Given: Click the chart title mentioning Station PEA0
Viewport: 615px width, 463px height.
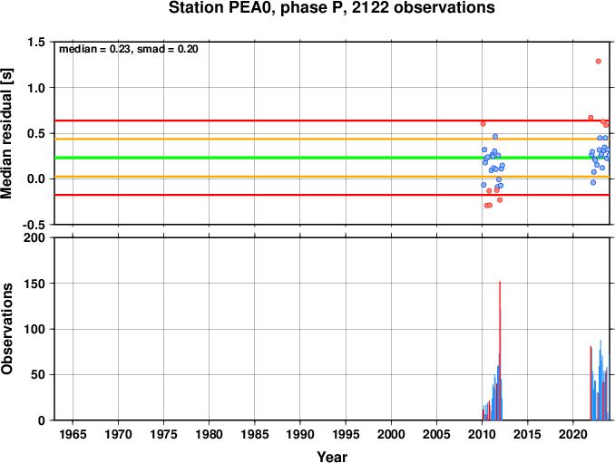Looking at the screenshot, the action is pos(331,8).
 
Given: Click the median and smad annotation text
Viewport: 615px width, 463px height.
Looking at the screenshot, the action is pos(129,49).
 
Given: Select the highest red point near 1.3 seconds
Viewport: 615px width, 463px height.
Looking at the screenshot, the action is pos(599,61).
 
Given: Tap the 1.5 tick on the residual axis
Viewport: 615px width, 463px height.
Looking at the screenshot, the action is pos(36,42).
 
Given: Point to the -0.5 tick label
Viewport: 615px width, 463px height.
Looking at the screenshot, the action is pos(34,225).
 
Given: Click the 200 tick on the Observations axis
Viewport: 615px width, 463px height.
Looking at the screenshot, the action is pos(34,237).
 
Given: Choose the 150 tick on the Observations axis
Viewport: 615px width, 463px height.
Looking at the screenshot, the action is pos(34,284).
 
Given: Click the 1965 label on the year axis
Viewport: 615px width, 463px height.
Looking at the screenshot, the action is pos(73,434).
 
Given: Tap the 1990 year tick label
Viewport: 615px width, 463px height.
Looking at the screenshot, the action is pos(300,434).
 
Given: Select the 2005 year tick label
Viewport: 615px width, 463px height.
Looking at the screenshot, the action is pos(436,434).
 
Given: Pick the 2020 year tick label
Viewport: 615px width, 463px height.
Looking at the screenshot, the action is pos(573,434).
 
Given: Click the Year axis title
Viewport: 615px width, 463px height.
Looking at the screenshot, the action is pos(332,457).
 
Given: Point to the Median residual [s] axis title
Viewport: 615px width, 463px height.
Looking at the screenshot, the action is pos(6,133).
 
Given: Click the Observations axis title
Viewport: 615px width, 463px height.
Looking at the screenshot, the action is pos(6,329).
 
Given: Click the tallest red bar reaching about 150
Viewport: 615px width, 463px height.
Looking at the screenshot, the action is pos(500,351).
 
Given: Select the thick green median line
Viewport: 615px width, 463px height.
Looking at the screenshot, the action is pos(332,158).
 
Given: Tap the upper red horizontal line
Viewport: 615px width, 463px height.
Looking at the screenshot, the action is pos(332,121).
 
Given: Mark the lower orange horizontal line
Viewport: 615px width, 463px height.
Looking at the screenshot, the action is pos(332,177).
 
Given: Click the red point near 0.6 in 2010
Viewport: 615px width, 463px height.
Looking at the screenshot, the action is pos(483,124).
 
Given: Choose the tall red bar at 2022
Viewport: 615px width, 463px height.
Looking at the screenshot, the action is pos(591,383).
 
